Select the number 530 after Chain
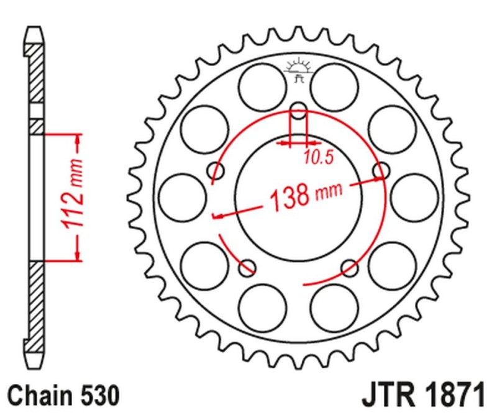tap(96, 394)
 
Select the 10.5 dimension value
tap(319, 158)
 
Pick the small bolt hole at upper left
tap(217, 171)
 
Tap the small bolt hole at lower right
tap(350, 268)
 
